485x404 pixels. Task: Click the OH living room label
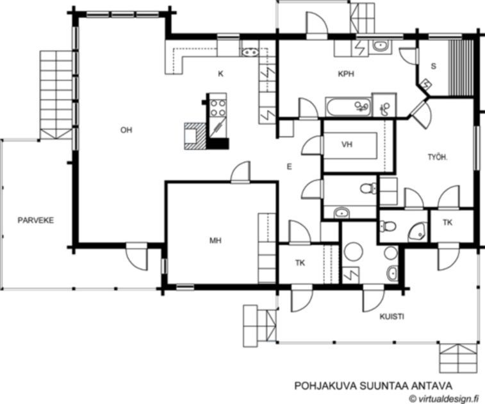click(126, 130)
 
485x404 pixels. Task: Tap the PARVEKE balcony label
click(36, 221)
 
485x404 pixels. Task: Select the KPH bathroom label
click(346, 74)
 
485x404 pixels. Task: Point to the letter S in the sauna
click(433, 66)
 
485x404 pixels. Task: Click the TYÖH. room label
click(438, 157)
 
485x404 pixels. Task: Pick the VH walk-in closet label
click(347, 144)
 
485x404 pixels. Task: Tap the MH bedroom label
click(215, 240)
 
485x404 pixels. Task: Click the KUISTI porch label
click(391, 316)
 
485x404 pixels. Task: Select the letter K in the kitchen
click(220, 74)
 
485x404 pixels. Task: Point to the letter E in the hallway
click(289, 167)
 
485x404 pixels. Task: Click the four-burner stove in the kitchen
click(218, 108)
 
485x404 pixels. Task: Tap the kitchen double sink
click(250, 53)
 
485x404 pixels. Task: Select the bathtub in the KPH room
click(349, 107)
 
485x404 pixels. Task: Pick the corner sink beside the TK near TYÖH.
click(418, 232)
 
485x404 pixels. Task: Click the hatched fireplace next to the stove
click(195, 136)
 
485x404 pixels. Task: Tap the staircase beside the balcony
click(56, 95)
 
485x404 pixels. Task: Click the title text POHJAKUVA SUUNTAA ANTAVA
click(373, 386)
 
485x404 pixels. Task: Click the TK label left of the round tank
click(300, 263)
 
